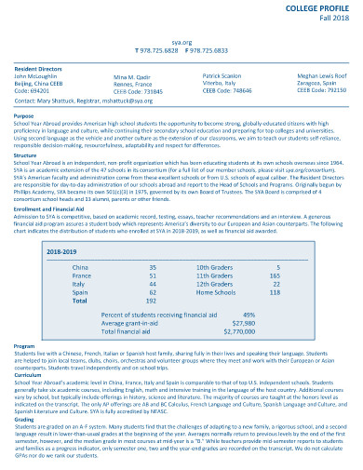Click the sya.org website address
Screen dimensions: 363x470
click(182, 43)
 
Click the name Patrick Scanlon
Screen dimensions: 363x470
click(223, 76)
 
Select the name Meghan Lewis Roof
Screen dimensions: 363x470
click(321, 76)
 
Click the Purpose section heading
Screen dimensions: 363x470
click(24, 115)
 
